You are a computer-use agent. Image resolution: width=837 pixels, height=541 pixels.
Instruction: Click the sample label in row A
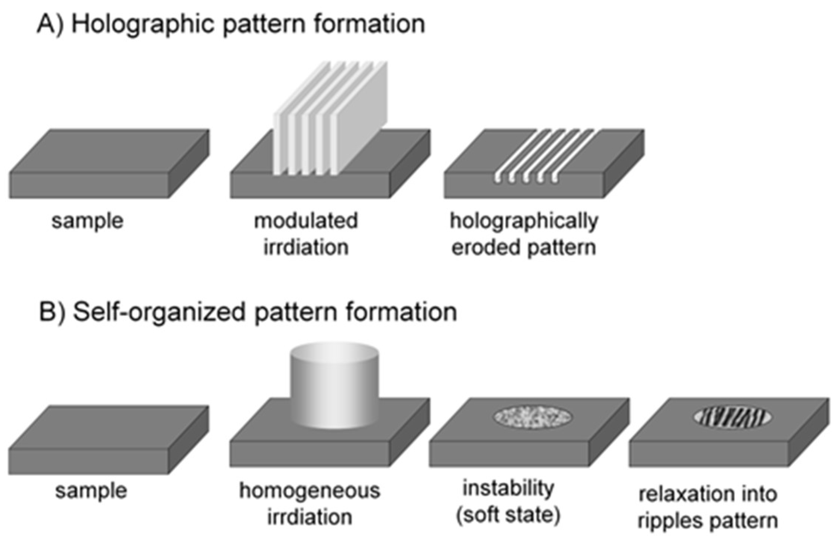[87, 221]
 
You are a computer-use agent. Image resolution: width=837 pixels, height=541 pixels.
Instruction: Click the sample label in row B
[91, 491]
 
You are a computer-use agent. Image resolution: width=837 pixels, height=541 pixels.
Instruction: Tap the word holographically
[524, 221]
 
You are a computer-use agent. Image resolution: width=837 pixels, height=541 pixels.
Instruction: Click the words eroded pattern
[524, 247]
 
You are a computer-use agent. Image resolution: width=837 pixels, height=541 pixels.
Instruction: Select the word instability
[508, 488]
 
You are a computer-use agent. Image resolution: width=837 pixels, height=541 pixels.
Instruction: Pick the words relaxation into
[708, 494]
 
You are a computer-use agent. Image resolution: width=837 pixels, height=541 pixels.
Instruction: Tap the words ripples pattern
[708, 521]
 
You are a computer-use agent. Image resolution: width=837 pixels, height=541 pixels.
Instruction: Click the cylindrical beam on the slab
[334, 387]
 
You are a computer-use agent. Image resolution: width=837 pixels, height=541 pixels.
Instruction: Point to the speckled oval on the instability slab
[533, 417]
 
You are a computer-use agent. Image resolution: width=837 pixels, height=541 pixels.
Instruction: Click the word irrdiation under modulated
[306, 247]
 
